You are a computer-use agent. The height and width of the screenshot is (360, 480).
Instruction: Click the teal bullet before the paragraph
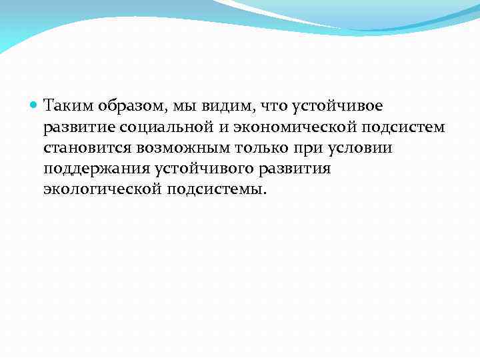(x=34, y=105)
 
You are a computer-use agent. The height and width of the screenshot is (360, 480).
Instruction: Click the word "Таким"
(x=68, y=105)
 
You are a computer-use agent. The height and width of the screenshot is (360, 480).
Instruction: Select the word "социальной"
(x=155, y=127)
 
